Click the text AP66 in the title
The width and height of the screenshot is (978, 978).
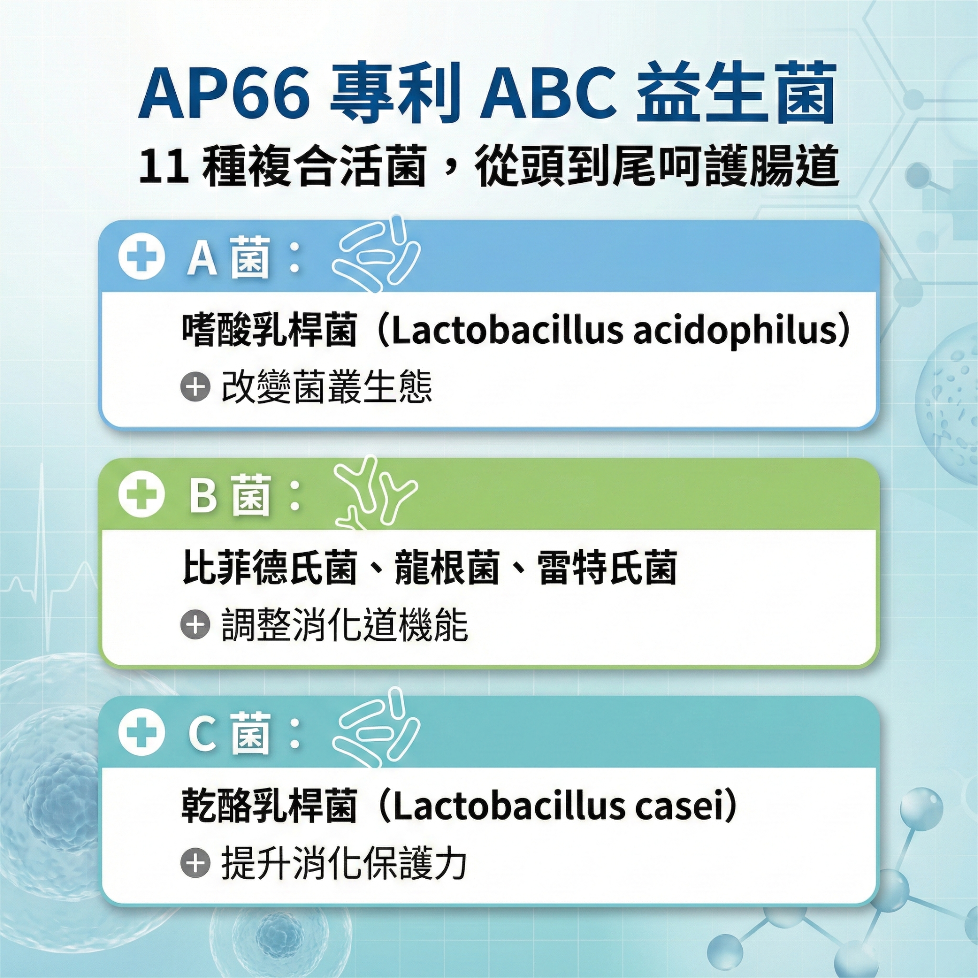(x=225, y=94)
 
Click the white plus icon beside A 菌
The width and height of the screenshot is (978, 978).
(x=142, y=256)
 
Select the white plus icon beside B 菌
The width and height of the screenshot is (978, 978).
(x=142, y=494)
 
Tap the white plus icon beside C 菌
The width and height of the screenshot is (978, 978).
(x=142, y=732)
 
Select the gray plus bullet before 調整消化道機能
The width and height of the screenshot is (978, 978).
(x=195, y=624)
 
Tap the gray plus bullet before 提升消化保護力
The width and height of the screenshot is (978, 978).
(x=195, y=862)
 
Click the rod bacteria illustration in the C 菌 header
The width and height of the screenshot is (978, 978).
(x=376, y=727)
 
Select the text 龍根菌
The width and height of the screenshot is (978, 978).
(x=447, y=567)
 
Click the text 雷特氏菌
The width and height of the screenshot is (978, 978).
(x=607, y=567)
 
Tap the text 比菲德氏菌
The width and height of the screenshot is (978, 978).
(x=269, y=567)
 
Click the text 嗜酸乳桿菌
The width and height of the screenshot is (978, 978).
(x=269, y=330)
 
